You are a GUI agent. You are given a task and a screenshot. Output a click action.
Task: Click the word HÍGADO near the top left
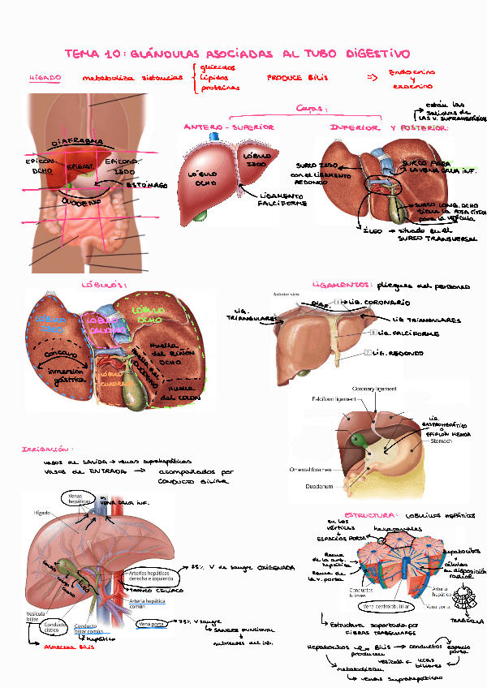[x=45, y=79]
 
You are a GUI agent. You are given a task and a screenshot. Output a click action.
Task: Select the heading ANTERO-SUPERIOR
[x=228, y=127]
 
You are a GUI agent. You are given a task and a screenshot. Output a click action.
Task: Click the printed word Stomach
[x=441, y=442]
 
